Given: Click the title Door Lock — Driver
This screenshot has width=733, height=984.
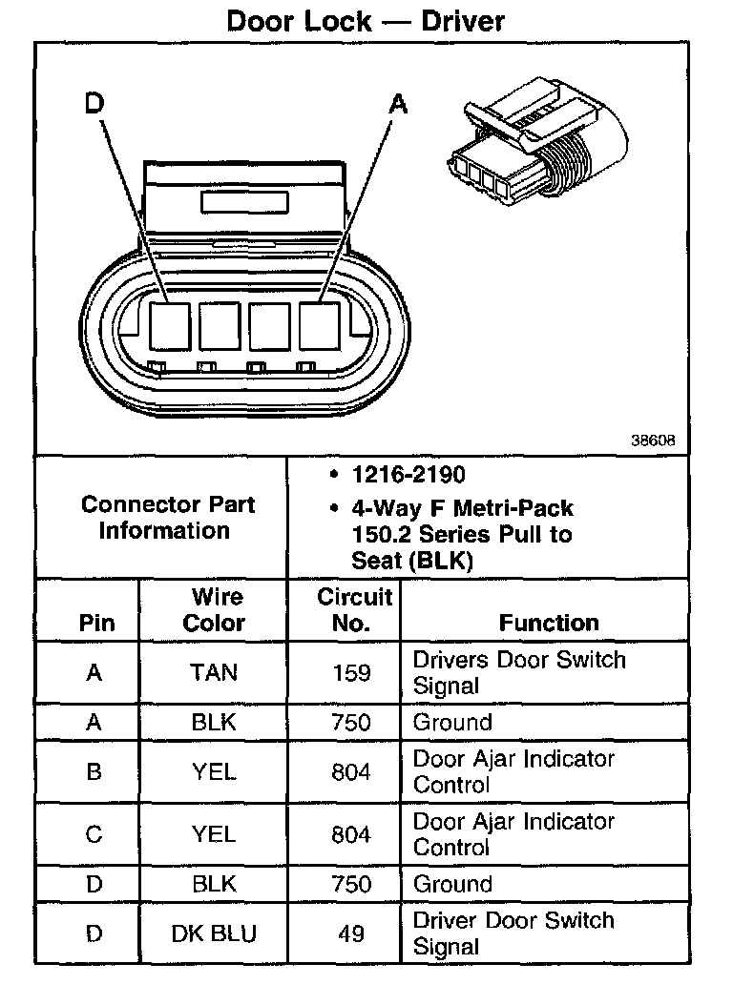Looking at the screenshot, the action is click(366, 20).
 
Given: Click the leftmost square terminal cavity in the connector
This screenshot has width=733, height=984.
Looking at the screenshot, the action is click(170, 326).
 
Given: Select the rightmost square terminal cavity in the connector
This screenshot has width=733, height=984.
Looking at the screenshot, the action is click(320, 326).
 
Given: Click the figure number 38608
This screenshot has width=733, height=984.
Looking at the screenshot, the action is click(653, 441).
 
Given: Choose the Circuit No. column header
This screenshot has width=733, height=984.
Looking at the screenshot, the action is click(352, 610).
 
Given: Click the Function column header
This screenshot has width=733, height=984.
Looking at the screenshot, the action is click(549, 623).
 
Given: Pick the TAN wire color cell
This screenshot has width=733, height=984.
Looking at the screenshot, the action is click(214, 672).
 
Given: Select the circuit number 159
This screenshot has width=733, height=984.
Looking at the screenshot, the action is click(351, 672).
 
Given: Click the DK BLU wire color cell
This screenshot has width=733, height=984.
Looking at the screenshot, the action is click(214, 933).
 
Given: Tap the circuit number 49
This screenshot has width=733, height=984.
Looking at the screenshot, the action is click(351, 933).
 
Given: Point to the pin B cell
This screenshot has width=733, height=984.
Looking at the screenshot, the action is click(94, 771).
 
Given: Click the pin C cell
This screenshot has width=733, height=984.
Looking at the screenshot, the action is click(94, 834).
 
